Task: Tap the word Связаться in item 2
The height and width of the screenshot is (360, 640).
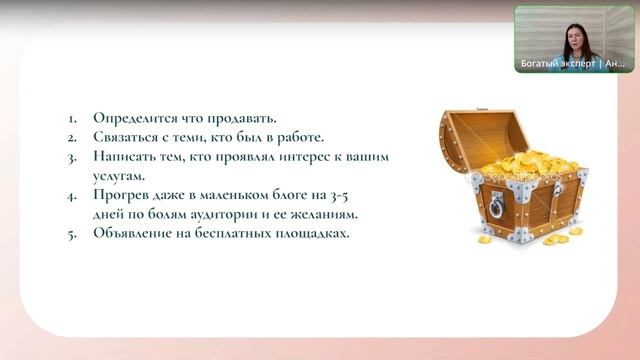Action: tap(128, 137)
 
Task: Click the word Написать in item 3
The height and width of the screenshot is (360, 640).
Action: tap(126, 158)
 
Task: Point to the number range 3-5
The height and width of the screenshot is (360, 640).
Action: tap(373, 198)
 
